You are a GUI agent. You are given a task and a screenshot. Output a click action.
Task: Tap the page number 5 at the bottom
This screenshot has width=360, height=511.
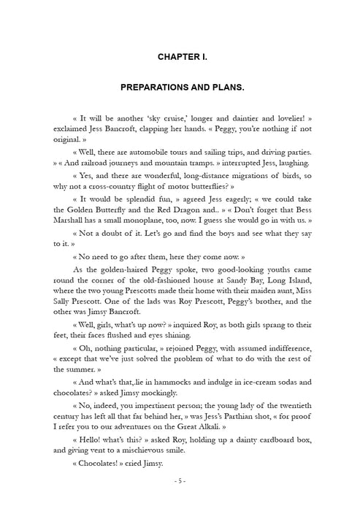[x=180, y=481]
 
